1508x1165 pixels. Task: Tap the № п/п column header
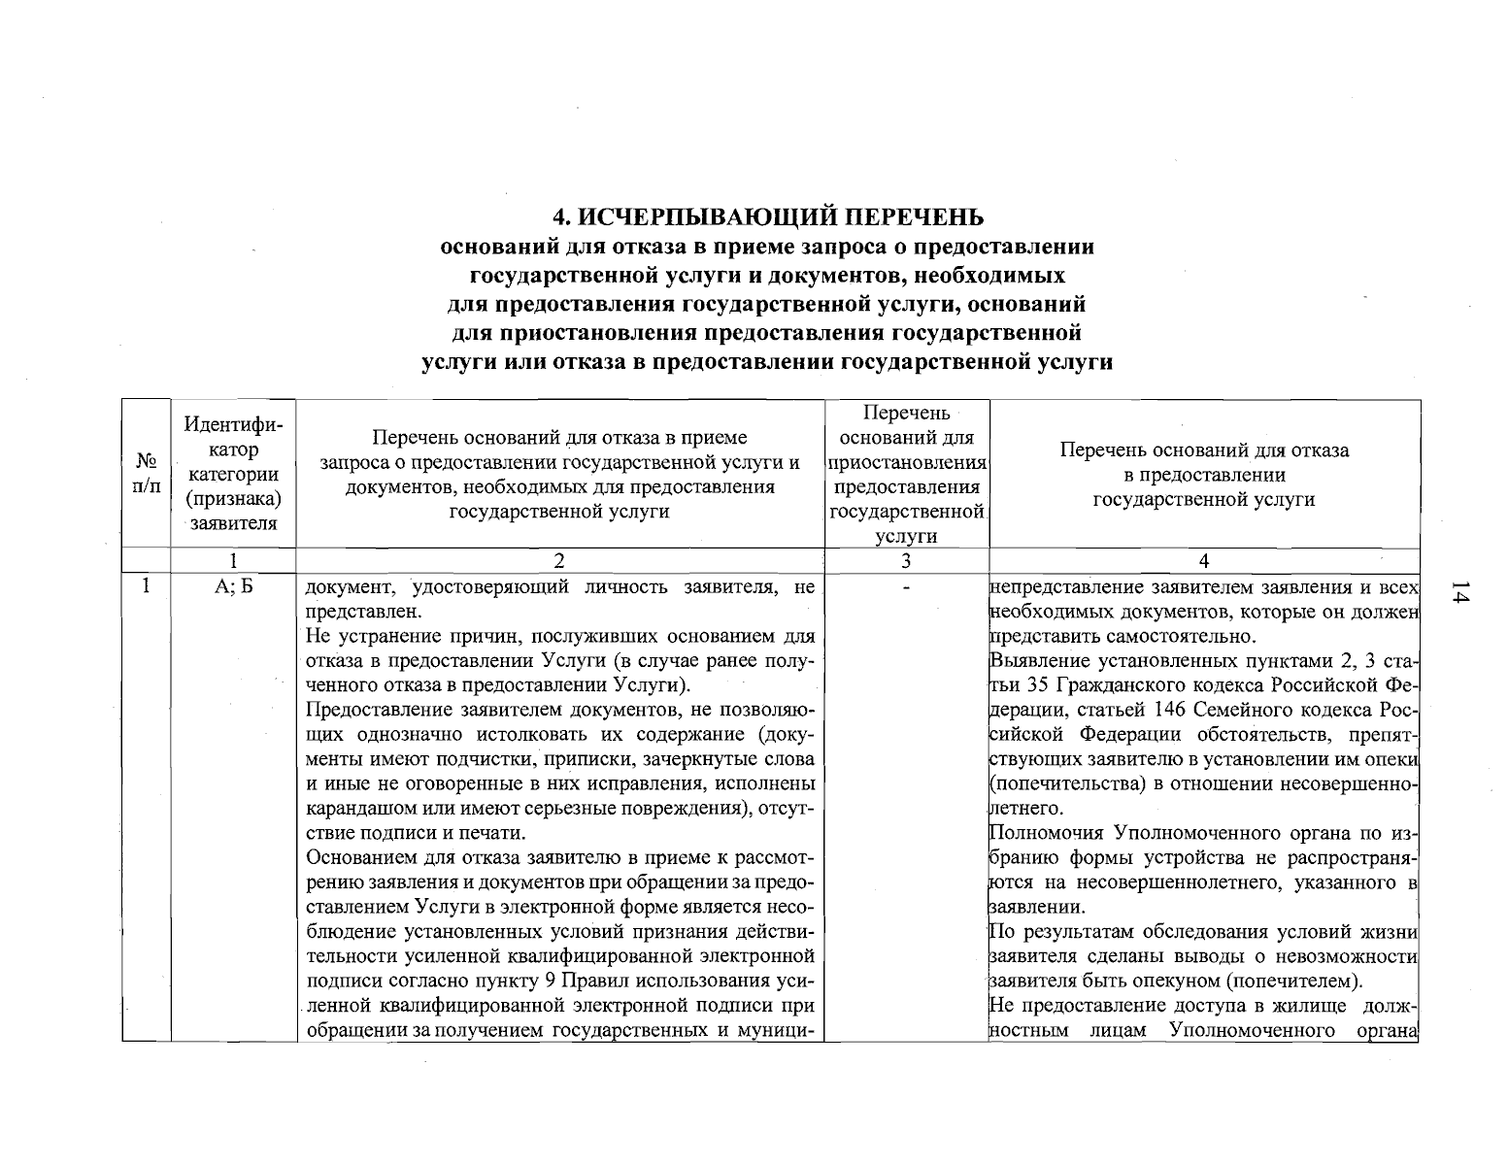click(x=146, y=473)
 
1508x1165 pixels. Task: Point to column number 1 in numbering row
click(x=233, y=560)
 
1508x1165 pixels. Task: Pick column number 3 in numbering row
click(x=905, y=560)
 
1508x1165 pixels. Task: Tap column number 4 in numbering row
click(x=1204, y=560)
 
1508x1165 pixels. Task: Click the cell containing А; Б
click(x=233, y=587)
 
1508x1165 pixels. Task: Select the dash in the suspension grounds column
click(x=905, y=588)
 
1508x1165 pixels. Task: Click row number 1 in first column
click(x=146, y=586)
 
